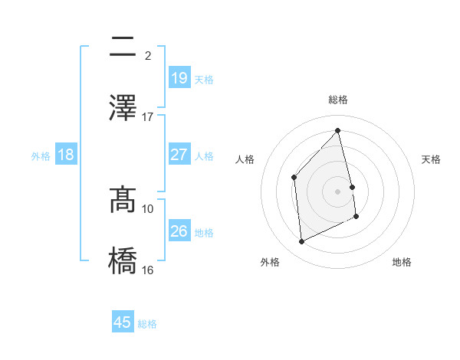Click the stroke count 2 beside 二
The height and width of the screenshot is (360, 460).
pyautogui.click(x=147, y=56)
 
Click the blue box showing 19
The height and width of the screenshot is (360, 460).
pyautogui.click(x=179, y=77)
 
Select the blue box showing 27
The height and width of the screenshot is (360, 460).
pyautogui.click(x=179, y=155)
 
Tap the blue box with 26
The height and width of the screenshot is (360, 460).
pyautogui.click(x=179, y=231)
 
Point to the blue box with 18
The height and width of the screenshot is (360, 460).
pyautogui.click(x=66, y=155)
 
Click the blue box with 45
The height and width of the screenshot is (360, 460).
pyautogui.click(x=123, y=322)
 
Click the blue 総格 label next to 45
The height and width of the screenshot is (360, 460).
pyautogui.click(x=147, y=324)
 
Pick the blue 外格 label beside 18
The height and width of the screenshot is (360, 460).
pyautogui.click(x=41, y=155)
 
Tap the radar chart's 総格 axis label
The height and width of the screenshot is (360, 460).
pyautogui.click(x=338, y=100)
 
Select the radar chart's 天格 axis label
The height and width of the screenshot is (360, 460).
pyautogui.click(x=432, y=159)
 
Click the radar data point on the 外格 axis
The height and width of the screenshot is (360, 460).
pyautogui.click(x=301, y=242)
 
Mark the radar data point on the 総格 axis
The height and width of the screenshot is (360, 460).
pyautogui.click(x=338, y=131)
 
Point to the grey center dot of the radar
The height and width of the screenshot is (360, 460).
pyautogui.click(x=338, y=191)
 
